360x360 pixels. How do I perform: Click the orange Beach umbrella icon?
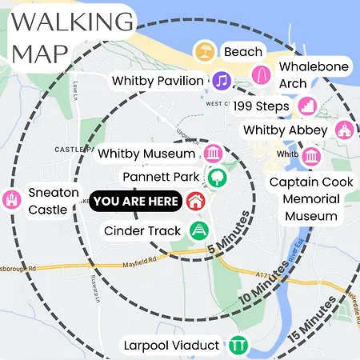[x=205, y=52]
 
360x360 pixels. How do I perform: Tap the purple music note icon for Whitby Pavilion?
[x=222, y=80]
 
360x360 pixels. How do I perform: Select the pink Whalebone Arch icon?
[x=262, y=74]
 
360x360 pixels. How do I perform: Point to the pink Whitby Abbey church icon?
[x=344, y=130]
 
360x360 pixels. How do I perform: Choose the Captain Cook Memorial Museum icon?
[x=312, y=154]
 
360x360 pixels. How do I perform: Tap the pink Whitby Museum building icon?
[x=214, y=153]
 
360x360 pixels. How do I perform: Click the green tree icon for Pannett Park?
[x=214, y=176]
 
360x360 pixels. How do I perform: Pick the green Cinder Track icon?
[x=198, y=230]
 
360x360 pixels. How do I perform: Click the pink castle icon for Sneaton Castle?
[x=10, y=199]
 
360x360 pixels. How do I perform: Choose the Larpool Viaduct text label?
[x=171, y=346]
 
